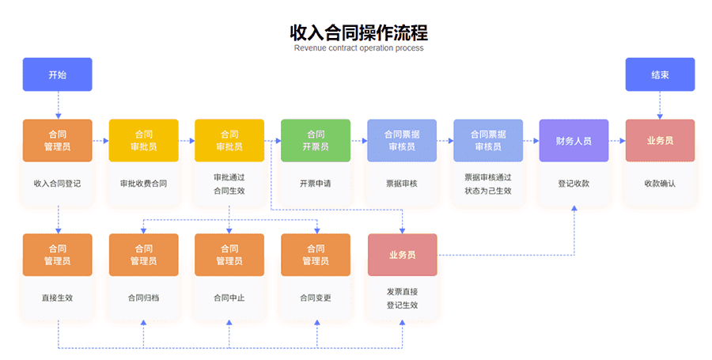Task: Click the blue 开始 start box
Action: point(57,74)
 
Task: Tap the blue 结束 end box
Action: point(660,74)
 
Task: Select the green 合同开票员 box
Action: point(316,141)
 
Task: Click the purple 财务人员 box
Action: point(574,141)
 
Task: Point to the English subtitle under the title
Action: point(358,48)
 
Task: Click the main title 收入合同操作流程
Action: point(358,32)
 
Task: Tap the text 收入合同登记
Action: point(57,184)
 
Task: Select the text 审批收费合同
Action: point(143,184)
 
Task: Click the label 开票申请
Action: point(316,184)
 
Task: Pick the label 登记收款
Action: point(574,184)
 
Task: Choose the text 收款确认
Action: point(660,184)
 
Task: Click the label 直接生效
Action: point(57,297)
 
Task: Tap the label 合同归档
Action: point(143,297)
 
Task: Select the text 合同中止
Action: point(229,297)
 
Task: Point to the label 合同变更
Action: point(316,297)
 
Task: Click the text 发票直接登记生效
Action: point(403,298)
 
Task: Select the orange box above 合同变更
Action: point(316,255)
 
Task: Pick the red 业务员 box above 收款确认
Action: point(660,141)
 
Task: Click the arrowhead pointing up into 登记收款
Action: point(574,208)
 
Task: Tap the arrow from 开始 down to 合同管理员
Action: point(58,105)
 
